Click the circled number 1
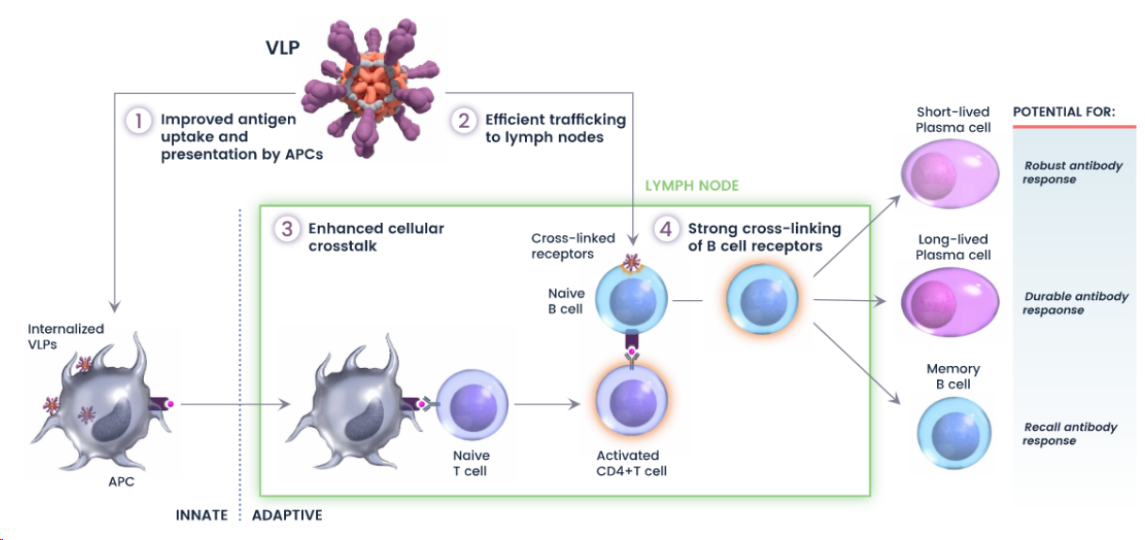(x=138, y=120)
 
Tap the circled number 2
(x=463, y=120)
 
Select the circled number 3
(x=286, y=229)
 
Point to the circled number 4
(x=666, y=229)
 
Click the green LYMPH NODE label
(x=692, y=185)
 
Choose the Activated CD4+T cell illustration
(x=631, y=403)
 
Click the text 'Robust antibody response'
(x=1073, y=172)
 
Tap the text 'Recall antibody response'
(x=1070, y=434)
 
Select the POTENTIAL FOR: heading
(x=1063, y=112)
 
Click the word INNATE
(x=201, y=516)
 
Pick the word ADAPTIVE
(x=287, y=516)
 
